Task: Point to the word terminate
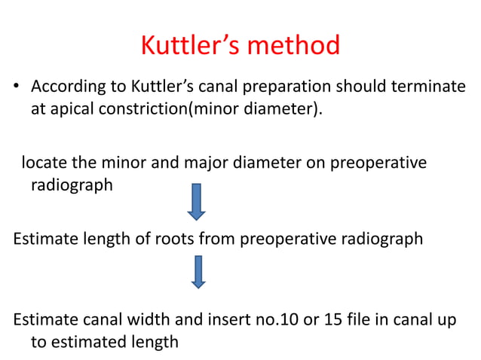coord(427,87)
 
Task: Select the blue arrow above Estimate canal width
coord(197,272)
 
